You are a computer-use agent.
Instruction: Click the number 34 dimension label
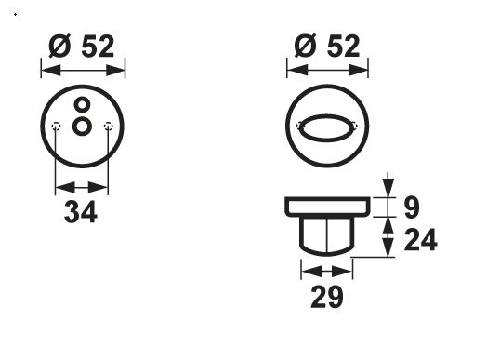[x=81, y=212]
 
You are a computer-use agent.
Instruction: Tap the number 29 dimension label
[x=327, y=297]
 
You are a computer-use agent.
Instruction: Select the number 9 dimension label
[x=412, y=207]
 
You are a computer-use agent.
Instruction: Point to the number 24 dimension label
[x=421, y=239]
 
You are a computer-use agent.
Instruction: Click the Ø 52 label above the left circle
[x=82, y=47]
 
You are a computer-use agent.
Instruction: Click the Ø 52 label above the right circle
[x=327, y=46]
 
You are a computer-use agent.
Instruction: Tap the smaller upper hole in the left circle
[x=83, y=104]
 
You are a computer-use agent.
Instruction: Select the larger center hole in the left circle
[x=83, y=127]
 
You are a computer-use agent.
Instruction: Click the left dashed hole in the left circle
[x=56, y=127]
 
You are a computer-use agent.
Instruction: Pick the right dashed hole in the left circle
[x=109, y=127]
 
